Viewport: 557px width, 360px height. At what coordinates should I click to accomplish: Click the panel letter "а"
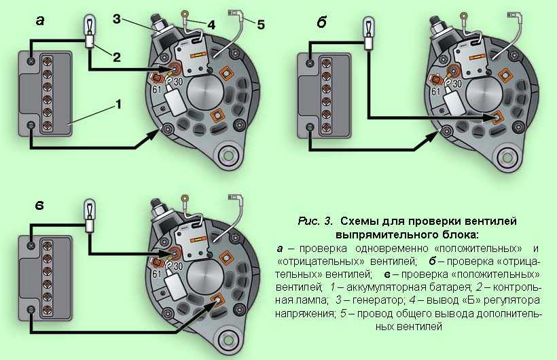click(40, 22)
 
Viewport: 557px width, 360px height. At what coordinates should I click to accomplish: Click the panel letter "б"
click(321, 22)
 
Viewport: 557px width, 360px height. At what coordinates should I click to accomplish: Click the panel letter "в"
click(41, 205)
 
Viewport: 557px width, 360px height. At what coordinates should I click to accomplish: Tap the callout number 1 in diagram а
click(118, 104)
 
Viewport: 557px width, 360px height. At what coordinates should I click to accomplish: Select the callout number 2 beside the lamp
click(116, 57)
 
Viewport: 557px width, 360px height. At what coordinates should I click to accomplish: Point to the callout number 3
click(118, 18)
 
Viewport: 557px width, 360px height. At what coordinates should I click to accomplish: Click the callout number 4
click(212, 24)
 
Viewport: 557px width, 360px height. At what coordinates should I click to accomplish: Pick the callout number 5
click(262, 25)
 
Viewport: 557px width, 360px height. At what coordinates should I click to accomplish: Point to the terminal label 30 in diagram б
click(456, 84)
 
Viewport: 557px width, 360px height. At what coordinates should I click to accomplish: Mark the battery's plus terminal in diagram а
click(31, 62)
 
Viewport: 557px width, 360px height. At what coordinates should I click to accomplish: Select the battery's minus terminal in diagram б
click(310, 127)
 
